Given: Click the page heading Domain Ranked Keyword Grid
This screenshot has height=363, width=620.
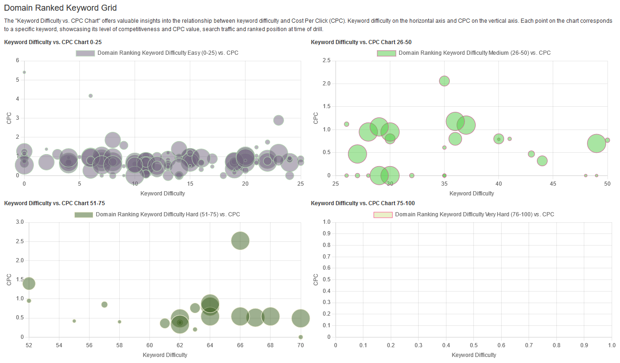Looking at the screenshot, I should coord(60,8).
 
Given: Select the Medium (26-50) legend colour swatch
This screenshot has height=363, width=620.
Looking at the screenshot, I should coord(386,53).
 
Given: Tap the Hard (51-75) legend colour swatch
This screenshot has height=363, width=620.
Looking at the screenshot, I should coord(84,214).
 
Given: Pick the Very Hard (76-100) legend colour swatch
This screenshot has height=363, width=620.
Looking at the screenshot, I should coord(383,214).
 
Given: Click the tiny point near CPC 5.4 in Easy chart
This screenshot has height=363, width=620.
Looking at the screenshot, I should coord(24,72).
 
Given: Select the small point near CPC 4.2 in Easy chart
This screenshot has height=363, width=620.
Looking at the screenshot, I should coord(90,96).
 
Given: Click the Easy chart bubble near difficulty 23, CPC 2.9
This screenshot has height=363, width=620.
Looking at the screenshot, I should coord(278,120).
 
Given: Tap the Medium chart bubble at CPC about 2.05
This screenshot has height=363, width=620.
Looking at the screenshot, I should coord(444,81).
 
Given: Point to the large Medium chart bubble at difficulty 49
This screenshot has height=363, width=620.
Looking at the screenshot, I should coord(596,143).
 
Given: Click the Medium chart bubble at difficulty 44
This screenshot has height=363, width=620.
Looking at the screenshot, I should coord(542,161).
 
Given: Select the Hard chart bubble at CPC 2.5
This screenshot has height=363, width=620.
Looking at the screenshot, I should coord(240,240).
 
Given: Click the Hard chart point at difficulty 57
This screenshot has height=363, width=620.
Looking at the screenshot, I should coord(104,305).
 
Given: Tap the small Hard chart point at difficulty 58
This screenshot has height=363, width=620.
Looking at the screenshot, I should coord(119,322).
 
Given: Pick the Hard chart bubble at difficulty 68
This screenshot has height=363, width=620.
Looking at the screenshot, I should coord(270,317).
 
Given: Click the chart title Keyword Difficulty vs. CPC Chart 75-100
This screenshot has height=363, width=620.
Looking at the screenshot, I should coord(362,203).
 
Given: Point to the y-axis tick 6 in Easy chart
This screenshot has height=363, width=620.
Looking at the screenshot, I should coord(18,60).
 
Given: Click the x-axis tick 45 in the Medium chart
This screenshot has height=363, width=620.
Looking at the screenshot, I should coord(553,184).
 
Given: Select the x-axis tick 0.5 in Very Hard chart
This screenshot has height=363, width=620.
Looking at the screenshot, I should coord(474,345).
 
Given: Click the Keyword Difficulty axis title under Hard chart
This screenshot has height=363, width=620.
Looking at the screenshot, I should coord(165,355).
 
